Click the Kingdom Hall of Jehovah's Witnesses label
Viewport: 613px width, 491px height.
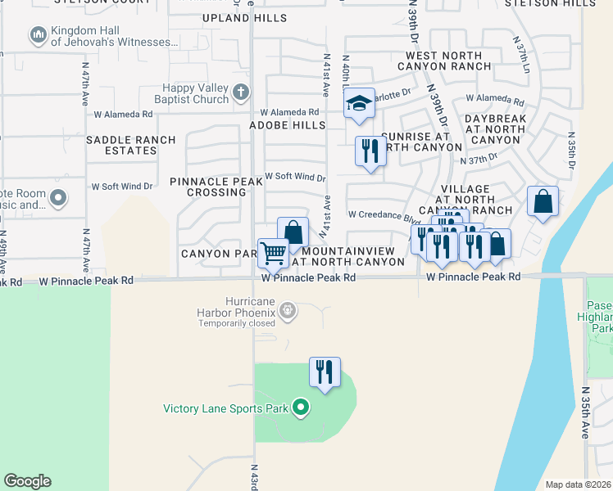coord(114,36)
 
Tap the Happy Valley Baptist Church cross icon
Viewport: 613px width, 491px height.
coord(240,93)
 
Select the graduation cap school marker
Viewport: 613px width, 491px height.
coord(359,104)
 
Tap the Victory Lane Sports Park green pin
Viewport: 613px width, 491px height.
coord(301,407)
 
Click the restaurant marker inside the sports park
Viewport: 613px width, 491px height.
coord(325,372)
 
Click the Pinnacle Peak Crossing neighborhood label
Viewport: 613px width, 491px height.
coord(208,186)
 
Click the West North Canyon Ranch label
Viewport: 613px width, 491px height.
coord(443,60)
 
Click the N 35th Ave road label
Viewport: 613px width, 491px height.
coord(586,413)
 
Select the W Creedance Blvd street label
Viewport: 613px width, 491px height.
coord(384,215)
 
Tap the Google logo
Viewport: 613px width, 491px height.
coord(28,481)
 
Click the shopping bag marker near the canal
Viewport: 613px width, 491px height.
coord(543,201)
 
